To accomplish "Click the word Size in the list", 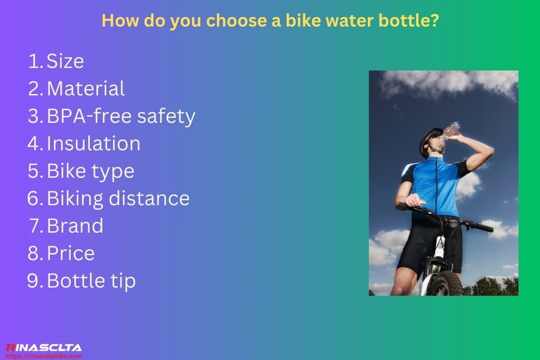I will pyautogui.click(x=65, y=61).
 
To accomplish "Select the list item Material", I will pyautogui.click(x=85, y=89).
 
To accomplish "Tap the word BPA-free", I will pyautogui.click(x=89, y=116).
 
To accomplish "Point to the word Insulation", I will pyautogui.click(x=94, y=144).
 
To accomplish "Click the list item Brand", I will pyautogui.click(x=75, y=225).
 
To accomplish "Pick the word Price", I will pyautogui.click(x=71, y=253).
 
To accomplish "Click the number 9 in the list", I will pyautogui.click(x=34, y=281).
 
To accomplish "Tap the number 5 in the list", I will pyautogui.click(x=35, y=171).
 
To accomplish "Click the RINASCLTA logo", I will pyautogui.click(x=43, y=347).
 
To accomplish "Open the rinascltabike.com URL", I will pyautogui.click(x=44, y=355).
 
